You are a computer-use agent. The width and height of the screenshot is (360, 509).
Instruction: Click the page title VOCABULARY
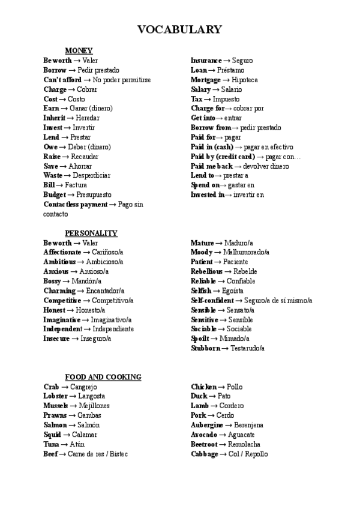point(179,29)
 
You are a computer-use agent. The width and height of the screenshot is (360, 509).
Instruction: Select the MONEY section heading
point(79,51)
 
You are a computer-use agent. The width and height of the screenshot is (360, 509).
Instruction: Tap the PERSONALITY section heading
point(91,233)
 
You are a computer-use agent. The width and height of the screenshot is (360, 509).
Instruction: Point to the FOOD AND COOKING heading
point(103,378)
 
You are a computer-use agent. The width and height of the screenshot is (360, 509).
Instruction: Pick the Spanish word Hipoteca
point(244,80)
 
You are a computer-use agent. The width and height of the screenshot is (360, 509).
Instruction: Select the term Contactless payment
point(76,205)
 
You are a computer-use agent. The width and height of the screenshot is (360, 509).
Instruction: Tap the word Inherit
point(55,118)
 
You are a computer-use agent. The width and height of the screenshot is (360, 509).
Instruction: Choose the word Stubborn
point(206,349)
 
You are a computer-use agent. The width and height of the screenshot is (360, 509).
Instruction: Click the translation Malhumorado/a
point(246,253)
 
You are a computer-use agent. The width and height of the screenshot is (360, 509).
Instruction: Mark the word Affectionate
point(62,253)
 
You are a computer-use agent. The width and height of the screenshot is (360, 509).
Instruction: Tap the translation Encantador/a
point(104,291)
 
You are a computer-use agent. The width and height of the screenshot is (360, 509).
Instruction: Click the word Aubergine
point(208,426)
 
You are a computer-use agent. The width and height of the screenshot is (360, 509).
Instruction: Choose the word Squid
point(52,435)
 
